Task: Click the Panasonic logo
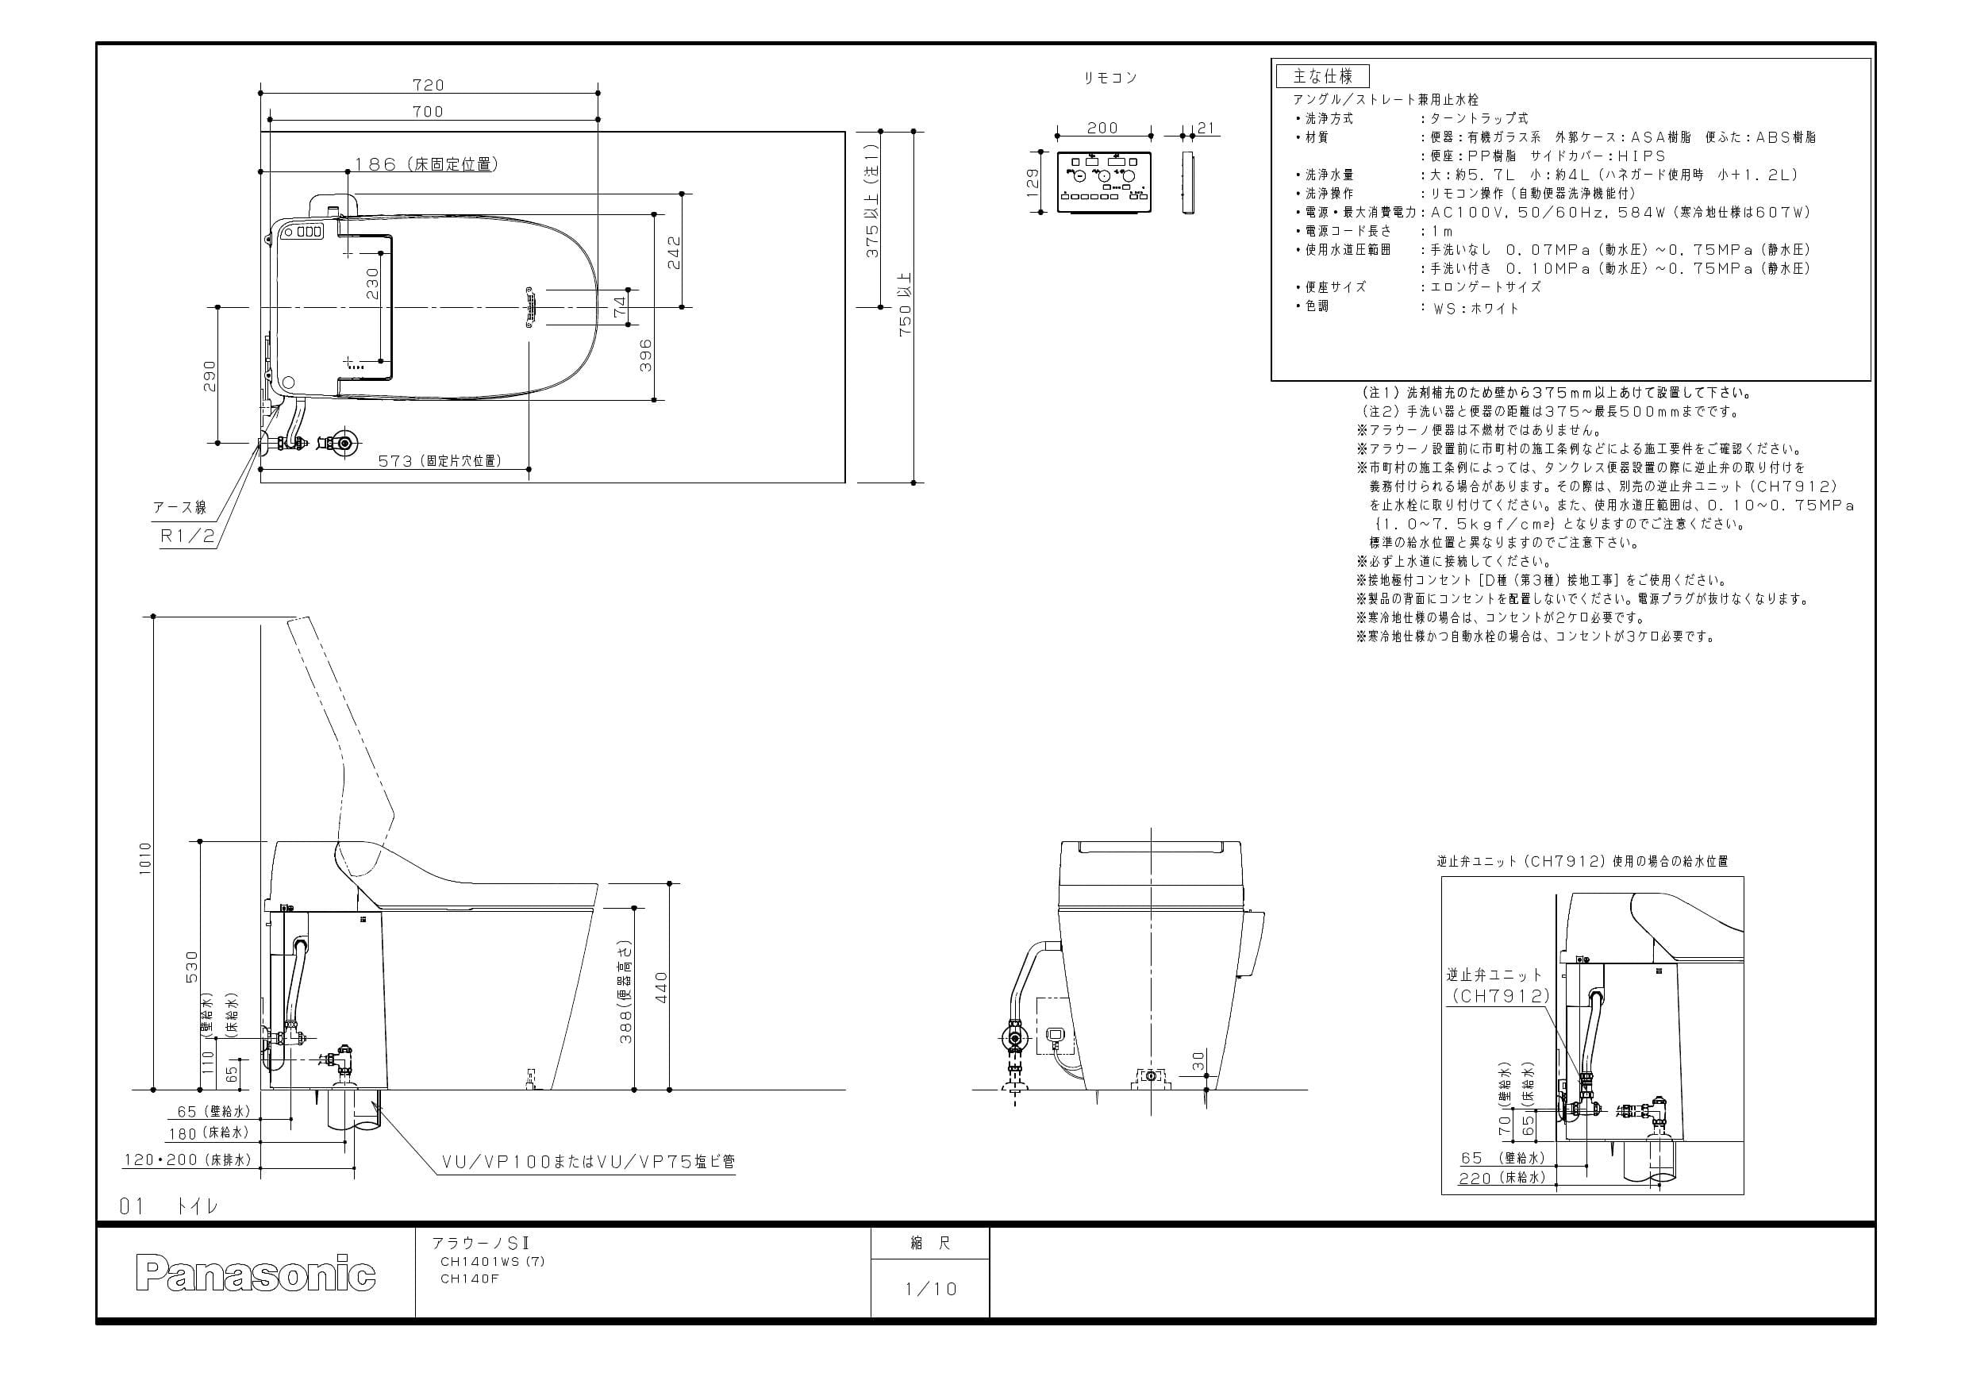256,1275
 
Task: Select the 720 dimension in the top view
428,85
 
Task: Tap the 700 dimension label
428,111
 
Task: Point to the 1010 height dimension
145,858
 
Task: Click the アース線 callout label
180,508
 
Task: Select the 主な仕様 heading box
1322,76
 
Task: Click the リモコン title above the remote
1109,78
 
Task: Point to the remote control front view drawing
1104,183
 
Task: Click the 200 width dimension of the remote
1102,128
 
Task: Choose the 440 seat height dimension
661,987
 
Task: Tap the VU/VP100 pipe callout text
587,1162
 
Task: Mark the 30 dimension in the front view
1198,1061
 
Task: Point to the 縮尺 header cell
929,1243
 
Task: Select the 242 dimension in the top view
674,252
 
